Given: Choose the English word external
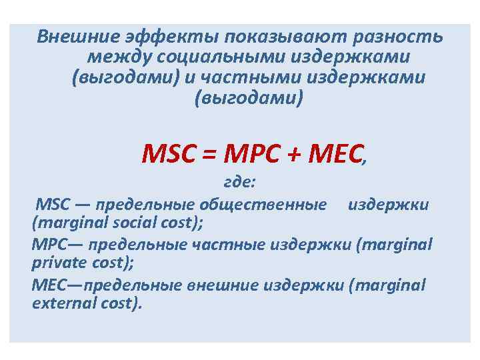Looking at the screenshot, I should point(59,303).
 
